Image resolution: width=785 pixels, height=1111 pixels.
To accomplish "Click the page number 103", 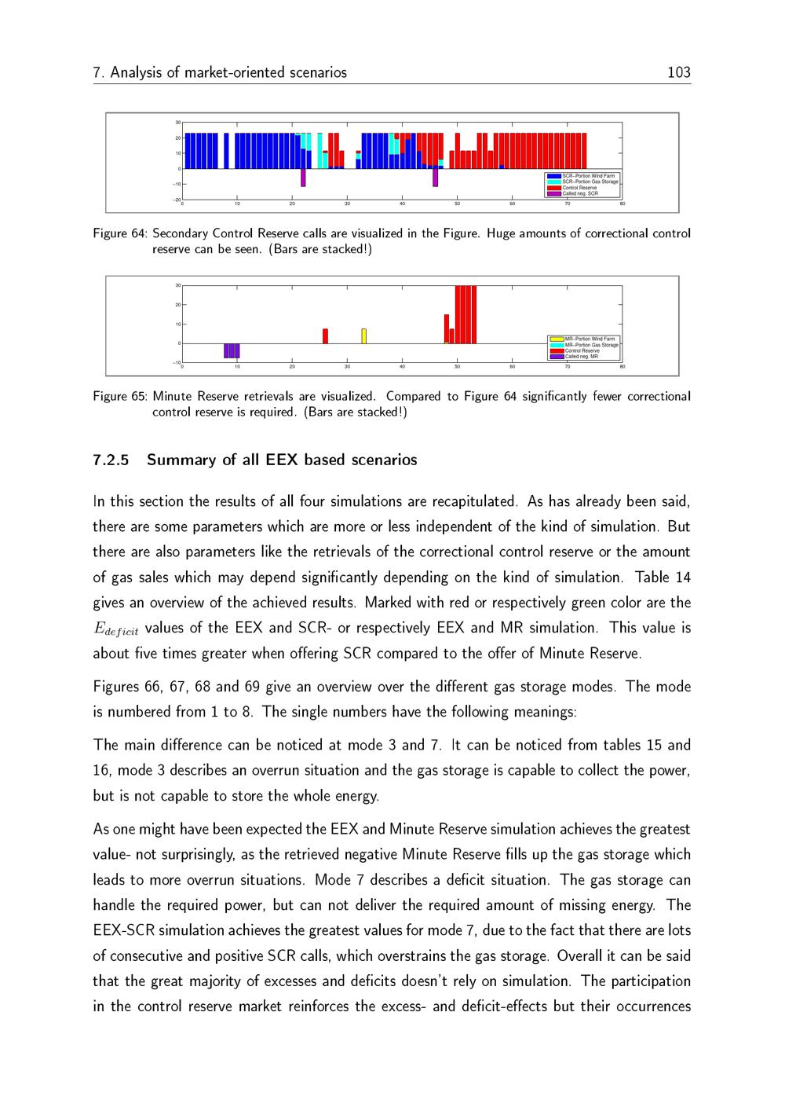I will (x=678, y=73).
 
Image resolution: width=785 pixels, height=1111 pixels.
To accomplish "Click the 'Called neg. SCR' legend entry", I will (x=580, y=193).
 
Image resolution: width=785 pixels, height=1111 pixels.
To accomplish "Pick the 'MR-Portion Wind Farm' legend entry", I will (x=590, y=339).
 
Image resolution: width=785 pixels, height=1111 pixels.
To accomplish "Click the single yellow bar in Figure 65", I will (x=363, y=336).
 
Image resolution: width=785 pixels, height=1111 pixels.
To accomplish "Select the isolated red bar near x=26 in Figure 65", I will (x=325, y=336).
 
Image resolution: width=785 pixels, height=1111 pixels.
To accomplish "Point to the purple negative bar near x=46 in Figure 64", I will (x=435, y=178).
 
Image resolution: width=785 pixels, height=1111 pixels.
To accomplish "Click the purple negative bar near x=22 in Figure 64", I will (x=303, y=178).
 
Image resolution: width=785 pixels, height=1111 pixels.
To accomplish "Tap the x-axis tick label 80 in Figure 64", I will (x=622, y=205).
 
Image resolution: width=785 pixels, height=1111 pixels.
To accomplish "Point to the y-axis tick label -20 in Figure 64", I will (x=177, y=200).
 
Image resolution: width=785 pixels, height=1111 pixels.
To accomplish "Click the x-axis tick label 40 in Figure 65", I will (x=402, y=367).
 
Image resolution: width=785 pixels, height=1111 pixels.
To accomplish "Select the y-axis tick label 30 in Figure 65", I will (x=178, y=285).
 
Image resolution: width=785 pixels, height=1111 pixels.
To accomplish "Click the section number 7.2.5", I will (x=110, y=460).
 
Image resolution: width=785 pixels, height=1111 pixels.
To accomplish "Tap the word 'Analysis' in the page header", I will (x=136, y=73).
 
